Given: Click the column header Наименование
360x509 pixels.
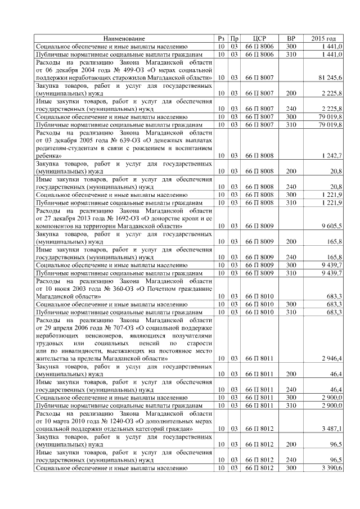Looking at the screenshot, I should pos(124,38).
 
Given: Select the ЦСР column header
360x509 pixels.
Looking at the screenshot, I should pos(259,38).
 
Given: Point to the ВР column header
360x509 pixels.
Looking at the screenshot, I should pos(291,38).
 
